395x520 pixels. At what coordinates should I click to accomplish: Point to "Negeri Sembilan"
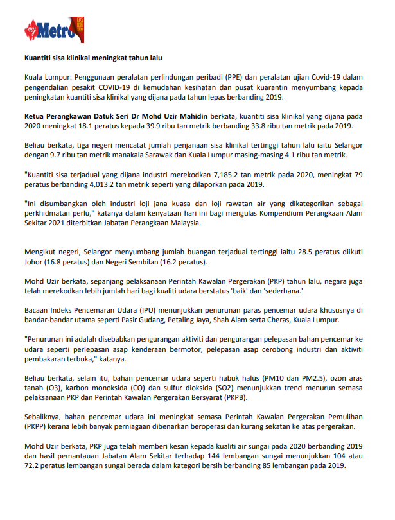[x=127, y=264]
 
